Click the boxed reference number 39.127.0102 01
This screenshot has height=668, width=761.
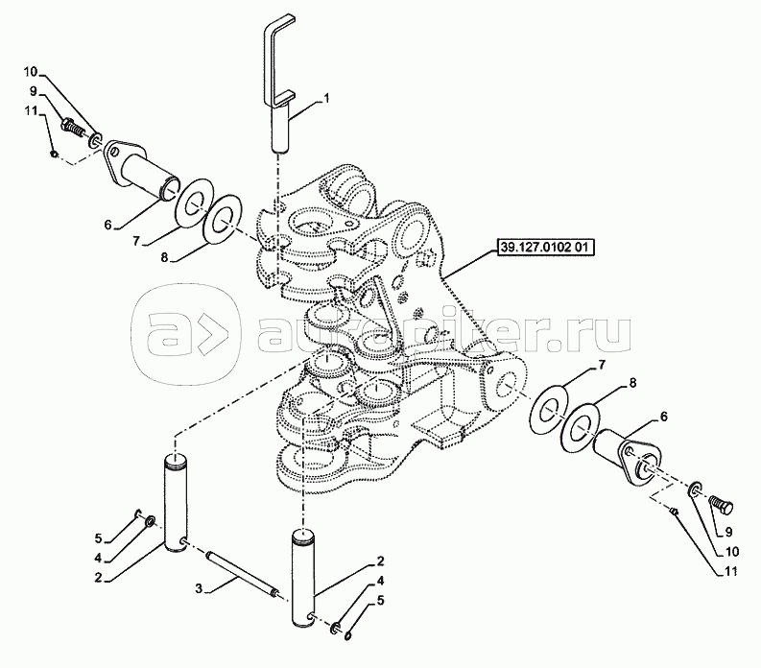point(545,247)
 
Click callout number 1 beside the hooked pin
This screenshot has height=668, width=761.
point(326,99)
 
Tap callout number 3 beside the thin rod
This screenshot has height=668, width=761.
point(198,589)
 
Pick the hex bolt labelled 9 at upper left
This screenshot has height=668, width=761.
point(72,129)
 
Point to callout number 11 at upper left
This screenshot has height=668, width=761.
point(31,111)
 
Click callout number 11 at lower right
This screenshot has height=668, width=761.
point(729,571)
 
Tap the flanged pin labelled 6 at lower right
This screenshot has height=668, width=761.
point(628,456)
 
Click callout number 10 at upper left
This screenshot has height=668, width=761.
point(30,72)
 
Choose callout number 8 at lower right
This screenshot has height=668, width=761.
point(632,384)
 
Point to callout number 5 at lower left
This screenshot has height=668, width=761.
point(99,537)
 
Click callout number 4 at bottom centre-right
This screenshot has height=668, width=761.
point(381,581)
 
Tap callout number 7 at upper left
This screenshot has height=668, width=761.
point(136,240)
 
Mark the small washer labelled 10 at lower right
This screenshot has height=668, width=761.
point(695,489)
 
